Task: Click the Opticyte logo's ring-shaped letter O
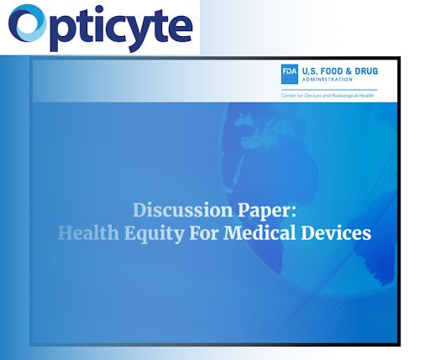click(29, 27)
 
